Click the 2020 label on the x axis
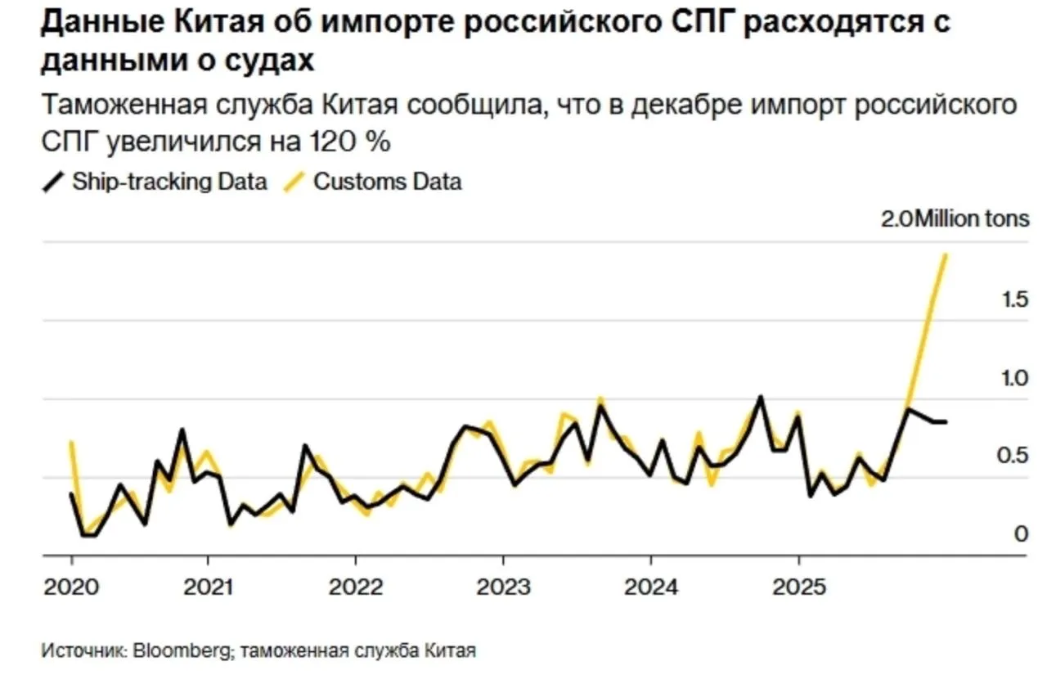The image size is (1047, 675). tap(71, 587)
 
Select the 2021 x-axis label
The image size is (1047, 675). tap(208, 587)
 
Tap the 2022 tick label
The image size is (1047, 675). tap(355, 587)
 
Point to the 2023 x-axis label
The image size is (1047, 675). tap(503, 587)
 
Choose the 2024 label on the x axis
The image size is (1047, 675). tap(650, 587)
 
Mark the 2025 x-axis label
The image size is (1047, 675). tap(798, 587)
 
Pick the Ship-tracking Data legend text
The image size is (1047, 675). tap(169, 182)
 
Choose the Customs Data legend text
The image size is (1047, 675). tap(388, 182)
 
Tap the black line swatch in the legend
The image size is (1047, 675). tap(53, 182)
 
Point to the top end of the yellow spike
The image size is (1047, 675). tap(946, 254)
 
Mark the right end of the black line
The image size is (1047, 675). tap(946, 422)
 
